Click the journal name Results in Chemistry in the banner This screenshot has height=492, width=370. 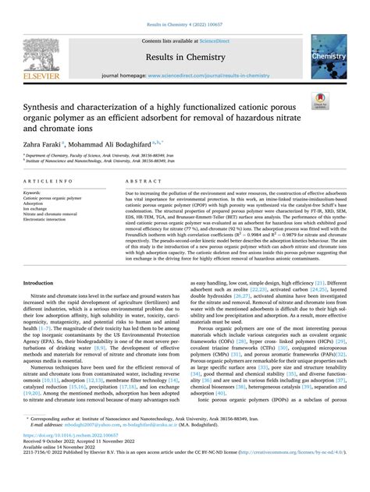pyautogui.click(x=185, y=58)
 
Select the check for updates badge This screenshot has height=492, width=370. pyautogui.click(x=340, y=101)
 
